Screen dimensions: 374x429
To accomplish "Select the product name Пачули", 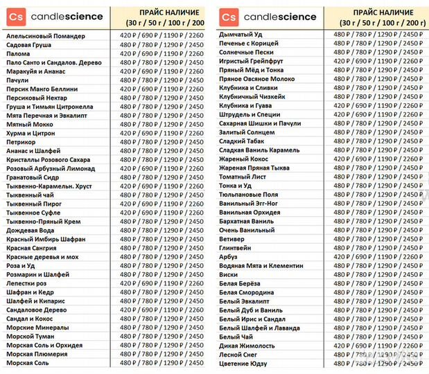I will pyautogui.click(x=17, y=80).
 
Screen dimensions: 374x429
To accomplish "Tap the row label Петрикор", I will pyautogui.click(x=21, y=141).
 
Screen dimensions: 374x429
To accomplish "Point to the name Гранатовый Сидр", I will pyautogui.click(x=32, y=177).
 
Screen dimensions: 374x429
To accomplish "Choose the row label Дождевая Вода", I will pyautogui.click(x=30, y=230).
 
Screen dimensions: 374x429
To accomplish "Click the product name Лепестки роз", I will pyautogui.click(x=27, y=283).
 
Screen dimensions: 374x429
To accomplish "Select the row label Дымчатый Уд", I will pyautogui.click(x=240, y=34).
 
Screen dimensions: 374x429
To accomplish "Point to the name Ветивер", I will pyautogui.click(x=233, y=239).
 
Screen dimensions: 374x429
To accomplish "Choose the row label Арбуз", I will pyautogui.click(x=228, y=257).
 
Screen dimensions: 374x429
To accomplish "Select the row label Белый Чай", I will pyautogui.click(x=236, y=337).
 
